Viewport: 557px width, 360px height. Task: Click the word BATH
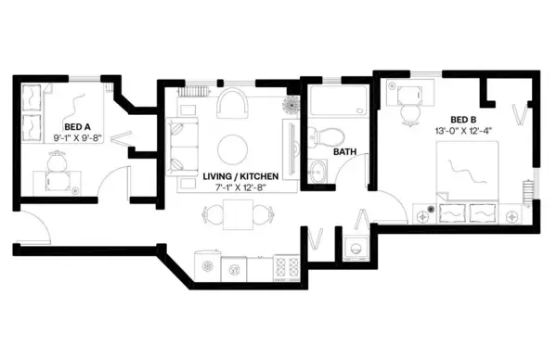[x=344, y=151]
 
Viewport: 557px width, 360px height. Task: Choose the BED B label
[x=463, y=120]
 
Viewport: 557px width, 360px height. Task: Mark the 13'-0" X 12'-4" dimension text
[x=463, y=132]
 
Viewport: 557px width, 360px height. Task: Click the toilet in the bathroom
[x=325, y=135]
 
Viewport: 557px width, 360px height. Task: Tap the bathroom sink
[x=318, y=170]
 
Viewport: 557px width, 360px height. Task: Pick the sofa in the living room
[x=180, y=146]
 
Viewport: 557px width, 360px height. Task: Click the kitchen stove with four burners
[x=285, y=269]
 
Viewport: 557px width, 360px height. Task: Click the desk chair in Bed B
[x=409, y=112]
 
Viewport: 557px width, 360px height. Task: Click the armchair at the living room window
[x=232, y=109]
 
